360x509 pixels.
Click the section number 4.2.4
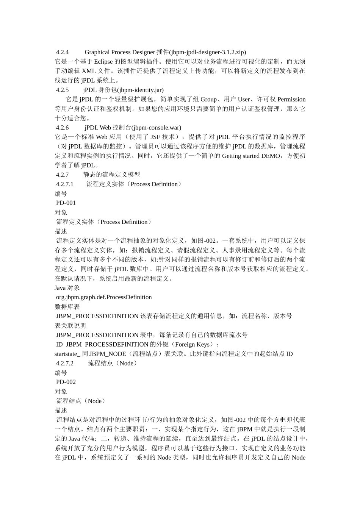coord(62,52)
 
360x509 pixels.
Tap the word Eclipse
coord(103,62)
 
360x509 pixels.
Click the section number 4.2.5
coord(62,90)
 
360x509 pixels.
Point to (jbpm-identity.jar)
coord(140,90)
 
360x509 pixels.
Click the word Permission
coord(291,100)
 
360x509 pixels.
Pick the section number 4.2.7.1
coord(64,184)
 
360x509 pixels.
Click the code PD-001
coord(66,203)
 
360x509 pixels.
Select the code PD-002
coord(66,382)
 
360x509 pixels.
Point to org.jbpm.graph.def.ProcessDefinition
coord(104,297)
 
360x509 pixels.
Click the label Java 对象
coord(67,288)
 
